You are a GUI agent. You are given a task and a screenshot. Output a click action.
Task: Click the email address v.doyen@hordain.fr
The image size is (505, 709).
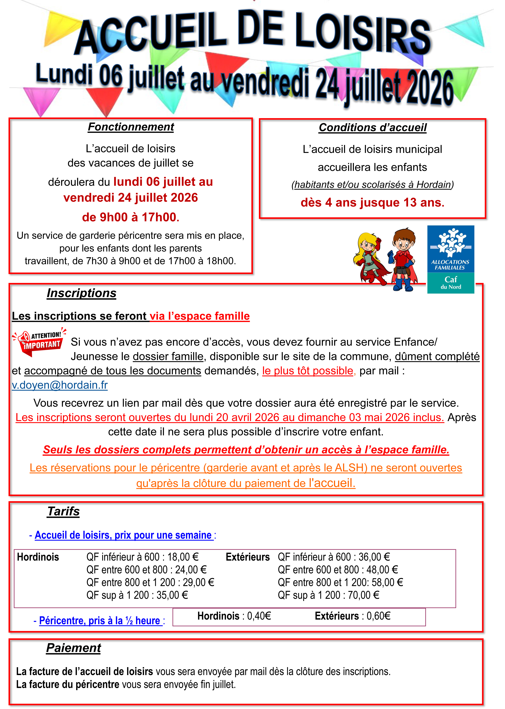click(x=60, y=385)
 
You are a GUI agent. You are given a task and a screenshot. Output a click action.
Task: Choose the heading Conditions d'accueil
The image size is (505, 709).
click(x=372, y=127)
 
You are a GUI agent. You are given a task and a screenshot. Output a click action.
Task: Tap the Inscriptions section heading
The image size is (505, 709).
click(x=81, y=293)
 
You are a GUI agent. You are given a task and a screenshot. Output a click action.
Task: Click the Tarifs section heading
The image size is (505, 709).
click(x=63, y=511)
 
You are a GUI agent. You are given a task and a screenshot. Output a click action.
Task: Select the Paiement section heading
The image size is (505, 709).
click(x=74, y=648)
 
